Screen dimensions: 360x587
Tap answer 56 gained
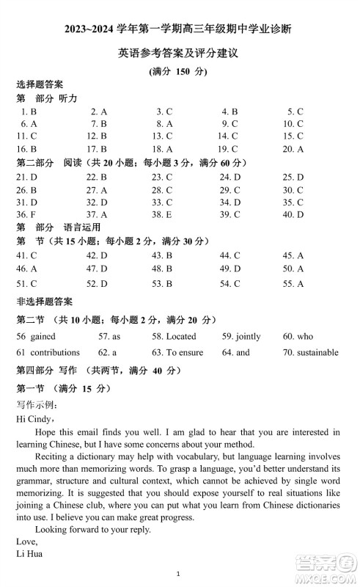pos(35,336)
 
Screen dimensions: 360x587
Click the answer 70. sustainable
pos(310,352)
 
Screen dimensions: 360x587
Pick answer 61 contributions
pos(48,352)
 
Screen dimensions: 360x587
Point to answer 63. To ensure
pos(177,352)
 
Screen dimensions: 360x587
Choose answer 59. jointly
pos(241,336)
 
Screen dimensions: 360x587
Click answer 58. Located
pos(174,336)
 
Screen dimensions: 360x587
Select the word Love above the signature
pos(26,542)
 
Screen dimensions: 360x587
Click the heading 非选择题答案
pos(45,301)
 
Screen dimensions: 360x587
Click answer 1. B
pos(29,112)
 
